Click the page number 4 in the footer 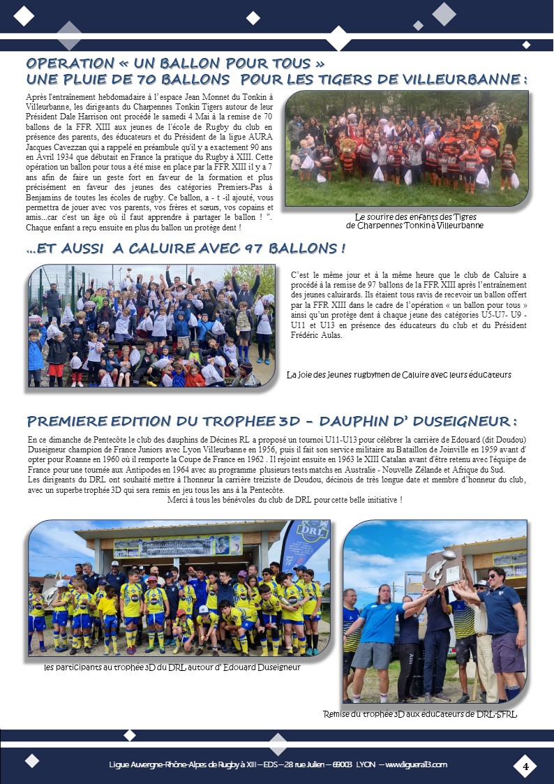pos(525,767)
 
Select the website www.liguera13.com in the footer pos(416,764)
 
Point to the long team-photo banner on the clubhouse pos(178,546)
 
